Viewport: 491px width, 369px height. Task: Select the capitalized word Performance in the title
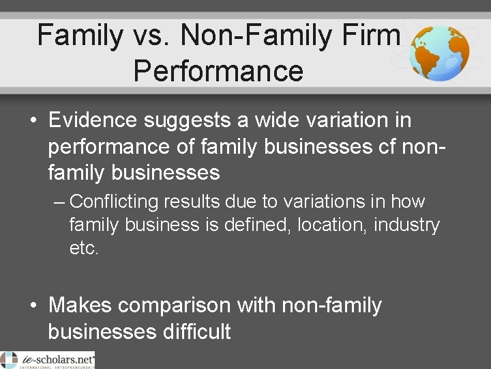(218, 70)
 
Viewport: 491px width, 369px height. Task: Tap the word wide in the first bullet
(279, 120)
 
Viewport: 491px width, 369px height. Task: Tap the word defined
(260, 224)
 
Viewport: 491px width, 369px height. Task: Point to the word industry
(406, 224)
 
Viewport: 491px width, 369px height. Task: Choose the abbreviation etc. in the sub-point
(84, 247)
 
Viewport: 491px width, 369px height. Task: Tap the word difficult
(197, 332)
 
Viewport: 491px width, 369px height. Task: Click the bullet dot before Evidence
(33, 121)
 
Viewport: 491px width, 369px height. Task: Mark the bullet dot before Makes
(33, 306)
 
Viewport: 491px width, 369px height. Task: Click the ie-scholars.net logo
(47, 359)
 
